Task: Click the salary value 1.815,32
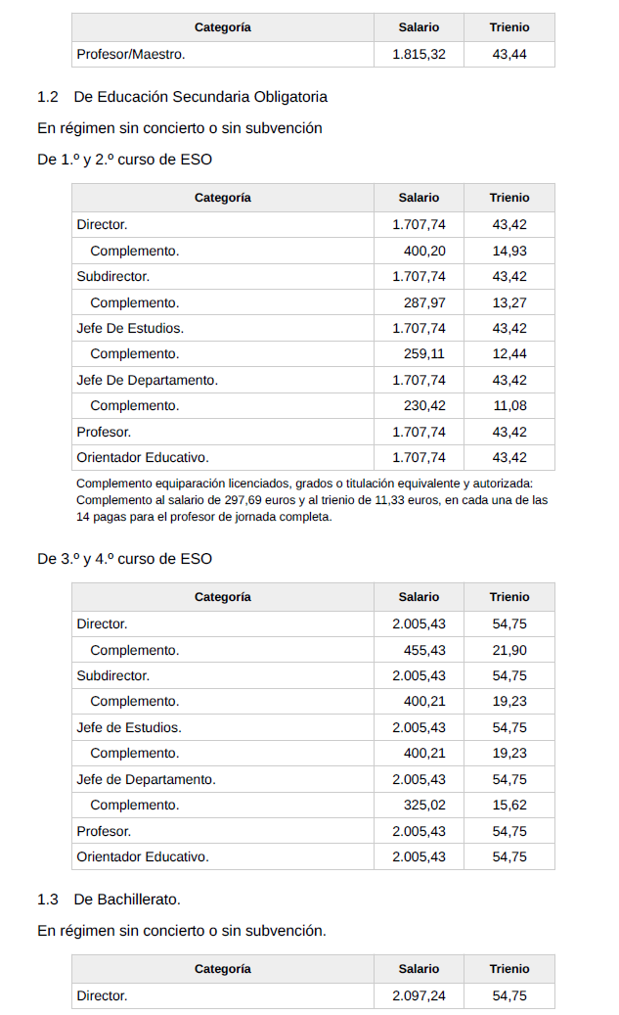coord(419,55)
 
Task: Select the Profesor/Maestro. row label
coord(131,55)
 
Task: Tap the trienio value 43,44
coord(509,55)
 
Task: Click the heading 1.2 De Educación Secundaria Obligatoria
coord(182,97)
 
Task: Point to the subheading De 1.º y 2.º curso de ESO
coord(124,159)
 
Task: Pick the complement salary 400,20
coord(424,251)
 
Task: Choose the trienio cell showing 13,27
coord(509,302)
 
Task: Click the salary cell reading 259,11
coord(424,353)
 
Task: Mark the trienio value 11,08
coord(509,405)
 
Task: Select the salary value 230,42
coord(424,405)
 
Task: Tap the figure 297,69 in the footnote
coord(245,500)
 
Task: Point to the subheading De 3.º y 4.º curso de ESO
coord(124,559)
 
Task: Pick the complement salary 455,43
coord(424,650)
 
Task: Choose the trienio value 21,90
coord(509,650)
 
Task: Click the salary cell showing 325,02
coord(424,805)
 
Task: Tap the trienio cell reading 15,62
coord(509,805)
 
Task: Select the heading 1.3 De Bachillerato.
coord(109,899)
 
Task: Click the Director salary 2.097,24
coord(419,995)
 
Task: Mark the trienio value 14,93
coord(509,251)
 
